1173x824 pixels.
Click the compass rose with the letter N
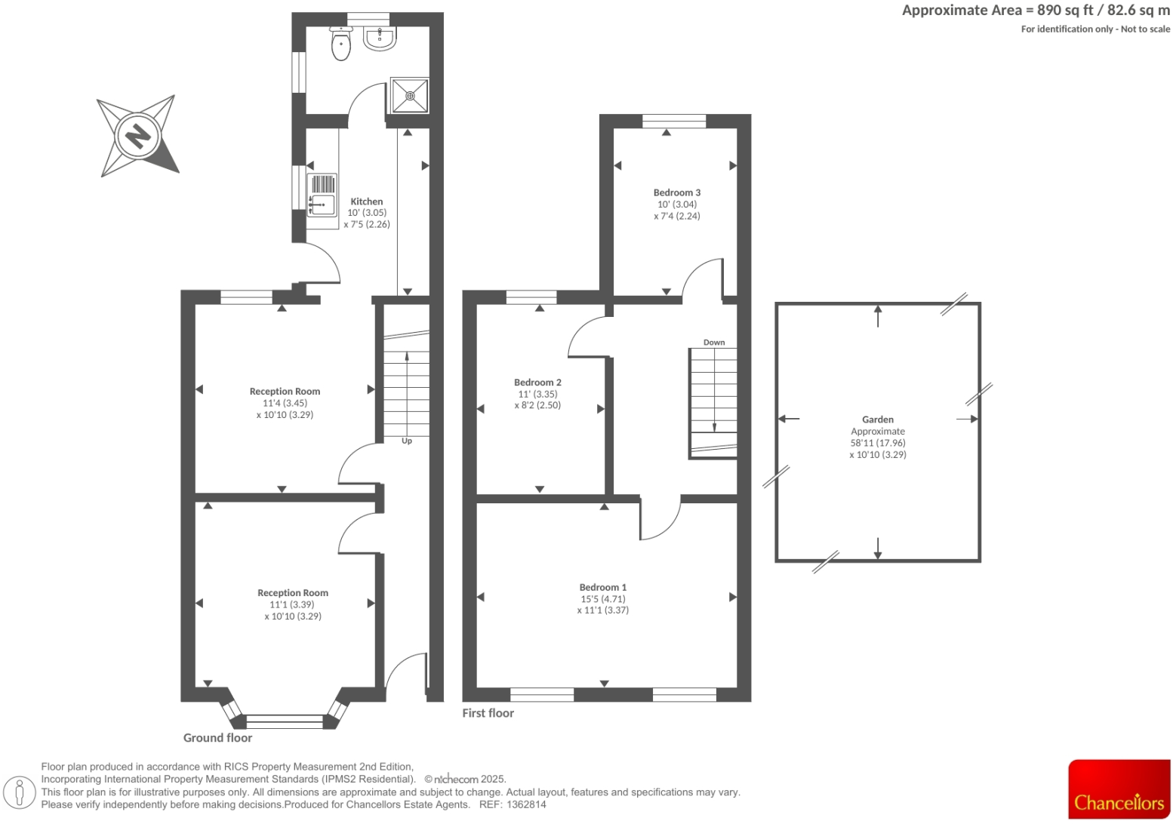(x=138, y=137)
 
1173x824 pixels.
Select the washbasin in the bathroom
(x=379, y=38)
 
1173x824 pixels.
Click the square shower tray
(x=410, y=96)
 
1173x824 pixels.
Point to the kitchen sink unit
(x=322, y=195)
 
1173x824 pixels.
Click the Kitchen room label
(x=367, y=201)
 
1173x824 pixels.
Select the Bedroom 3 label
(x=677, y=192)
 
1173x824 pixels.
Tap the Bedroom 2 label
(x=537, y=383)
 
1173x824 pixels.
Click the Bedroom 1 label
(x=603, y=587)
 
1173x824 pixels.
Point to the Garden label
(x=878, y=420)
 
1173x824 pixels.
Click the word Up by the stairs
(x=407, y=441)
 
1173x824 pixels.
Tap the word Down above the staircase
(x=714, y=343)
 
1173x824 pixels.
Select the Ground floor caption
(x=217, y=738)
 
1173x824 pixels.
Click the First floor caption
(x=488, y=713)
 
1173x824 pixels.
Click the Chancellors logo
(x=1119, y=789)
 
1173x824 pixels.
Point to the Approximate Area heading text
(x=1036, y=11)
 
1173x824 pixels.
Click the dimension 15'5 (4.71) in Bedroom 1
(x=603, y=599)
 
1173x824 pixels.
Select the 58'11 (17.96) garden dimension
(x=878, y=443)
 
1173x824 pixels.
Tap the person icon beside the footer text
(x=20, y=792)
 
